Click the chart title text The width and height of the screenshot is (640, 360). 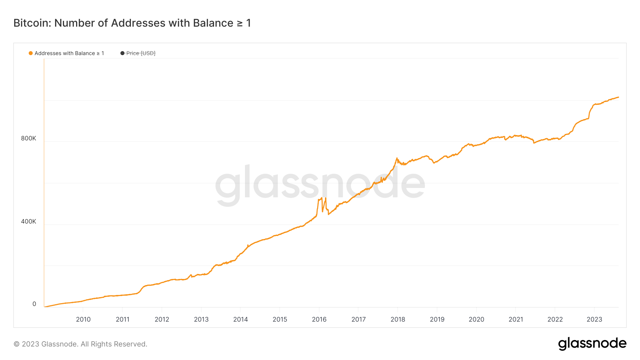(132, 23)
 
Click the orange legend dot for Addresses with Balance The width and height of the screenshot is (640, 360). (31, 53)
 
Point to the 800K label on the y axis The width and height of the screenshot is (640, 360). (28, 138)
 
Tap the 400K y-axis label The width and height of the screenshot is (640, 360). (28, 221)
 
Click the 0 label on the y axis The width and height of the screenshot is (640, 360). (34, 304)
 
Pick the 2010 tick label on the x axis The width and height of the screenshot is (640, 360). (83, 319)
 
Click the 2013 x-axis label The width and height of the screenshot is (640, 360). (201, 319)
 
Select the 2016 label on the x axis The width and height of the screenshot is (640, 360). (319, 319)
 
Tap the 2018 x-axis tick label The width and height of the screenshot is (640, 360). (398, 319)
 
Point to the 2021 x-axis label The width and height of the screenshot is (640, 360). (516, 319)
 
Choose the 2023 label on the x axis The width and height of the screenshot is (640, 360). (594, 319)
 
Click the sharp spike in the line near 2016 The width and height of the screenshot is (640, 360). (321, 198)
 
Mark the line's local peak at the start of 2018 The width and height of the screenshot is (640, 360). (397, 158)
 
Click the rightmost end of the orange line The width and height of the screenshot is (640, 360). (618, 97)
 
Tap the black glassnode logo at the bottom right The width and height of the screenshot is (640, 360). (592, 344)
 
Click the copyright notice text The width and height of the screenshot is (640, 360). (80, 344)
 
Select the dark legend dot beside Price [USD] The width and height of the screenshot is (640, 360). (122, 53)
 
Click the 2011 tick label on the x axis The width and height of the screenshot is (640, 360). (123, 319)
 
